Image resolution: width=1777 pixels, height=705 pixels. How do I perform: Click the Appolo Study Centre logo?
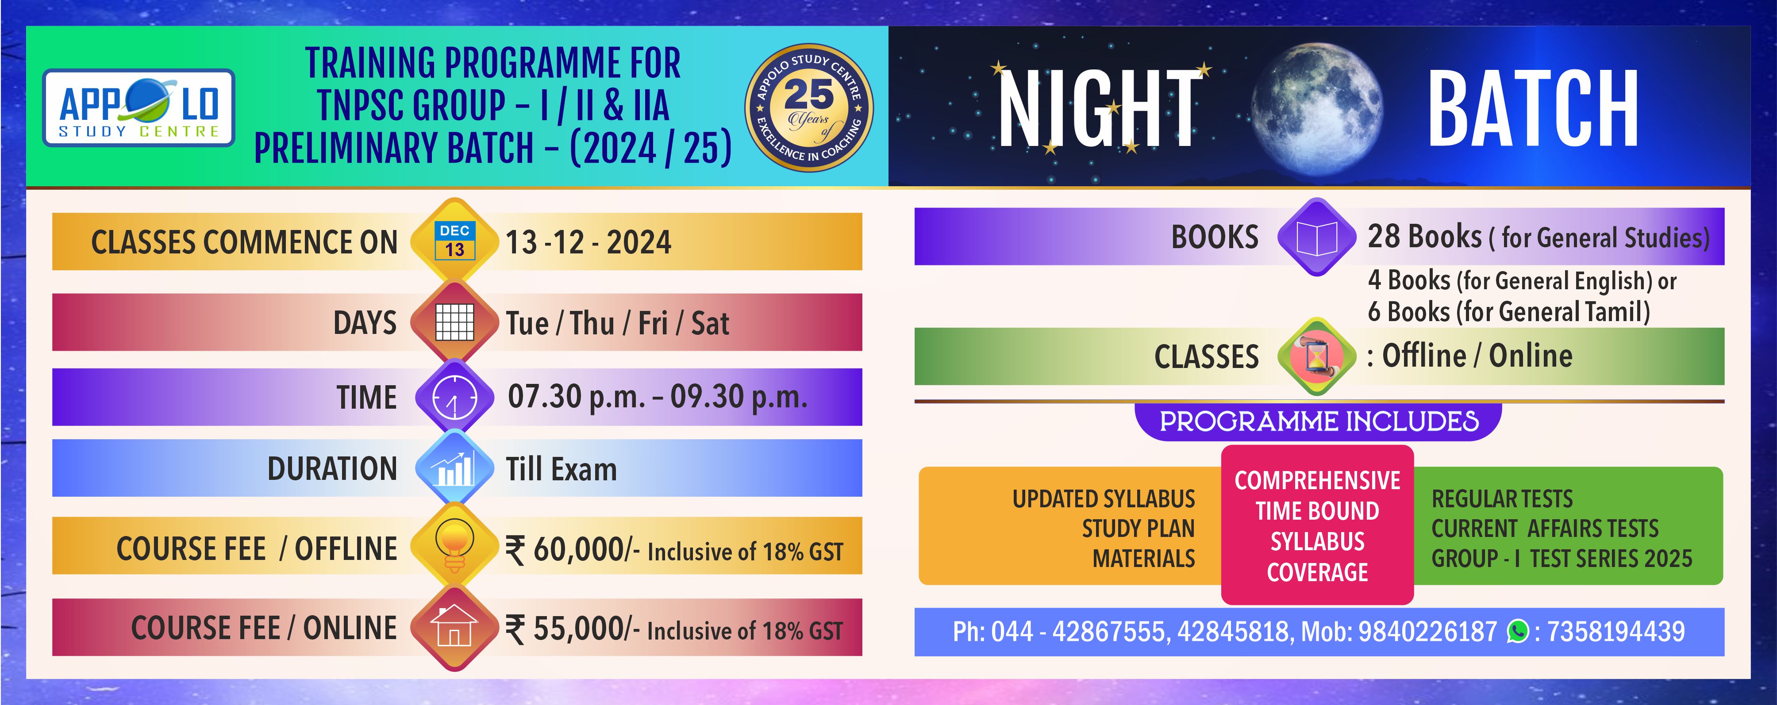click(x=138, y=107)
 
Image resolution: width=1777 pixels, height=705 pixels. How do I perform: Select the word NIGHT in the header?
click(x=1101, y=109)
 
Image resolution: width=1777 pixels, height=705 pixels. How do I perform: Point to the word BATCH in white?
click(x=1533, y=109)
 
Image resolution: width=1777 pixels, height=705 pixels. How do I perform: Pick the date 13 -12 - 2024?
click(x=588, y=242)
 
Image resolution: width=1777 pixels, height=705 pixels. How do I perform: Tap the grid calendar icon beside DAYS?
click(x=454, y=322)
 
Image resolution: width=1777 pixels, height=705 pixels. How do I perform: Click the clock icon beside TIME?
click(x=454, y=397)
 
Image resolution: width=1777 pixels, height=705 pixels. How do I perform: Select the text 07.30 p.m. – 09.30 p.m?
click(x=658, y=397)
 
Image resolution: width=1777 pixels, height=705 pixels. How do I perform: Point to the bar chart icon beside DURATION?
click(x=454, y=467)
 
